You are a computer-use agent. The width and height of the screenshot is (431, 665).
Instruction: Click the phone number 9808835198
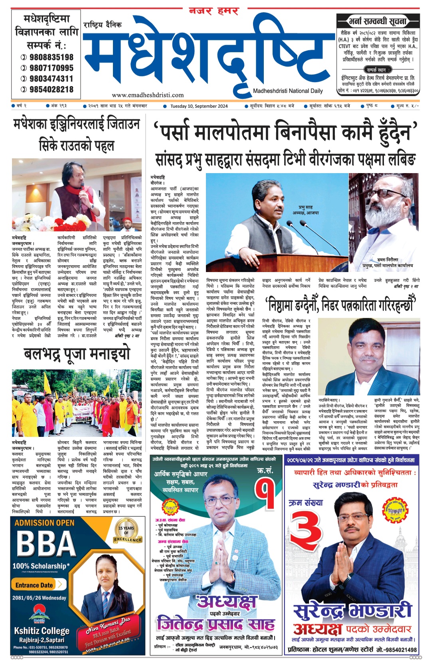(51, 57)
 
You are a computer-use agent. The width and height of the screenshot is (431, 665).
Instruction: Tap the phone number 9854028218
(51, 89)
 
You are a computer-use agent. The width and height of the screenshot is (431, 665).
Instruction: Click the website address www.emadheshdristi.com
(148, 95)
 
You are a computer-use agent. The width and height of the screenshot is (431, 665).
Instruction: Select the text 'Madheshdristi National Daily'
(288, 91)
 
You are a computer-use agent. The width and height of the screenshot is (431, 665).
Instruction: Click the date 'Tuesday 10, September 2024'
(199, 106)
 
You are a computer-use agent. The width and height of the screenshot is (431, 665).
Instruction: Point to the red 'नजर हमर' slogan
(214, 12)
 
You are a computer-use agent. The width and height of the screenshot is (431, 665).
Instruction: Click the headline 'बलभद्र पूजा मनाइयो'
(77, 353)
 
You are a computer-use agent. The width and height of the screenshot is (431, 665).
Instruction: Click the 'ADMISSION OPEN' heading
(44, 523)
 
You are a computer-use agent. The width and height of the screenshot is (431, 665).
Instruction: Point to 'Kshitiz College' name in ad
(42, 631)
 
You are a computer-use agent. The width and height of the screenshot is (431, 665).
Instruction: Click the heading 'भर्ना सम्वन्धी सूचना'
(377, 21)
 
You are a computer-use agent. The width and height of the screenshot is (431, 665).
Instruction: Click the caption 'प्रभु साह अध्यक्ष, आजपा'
(308, 210)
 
